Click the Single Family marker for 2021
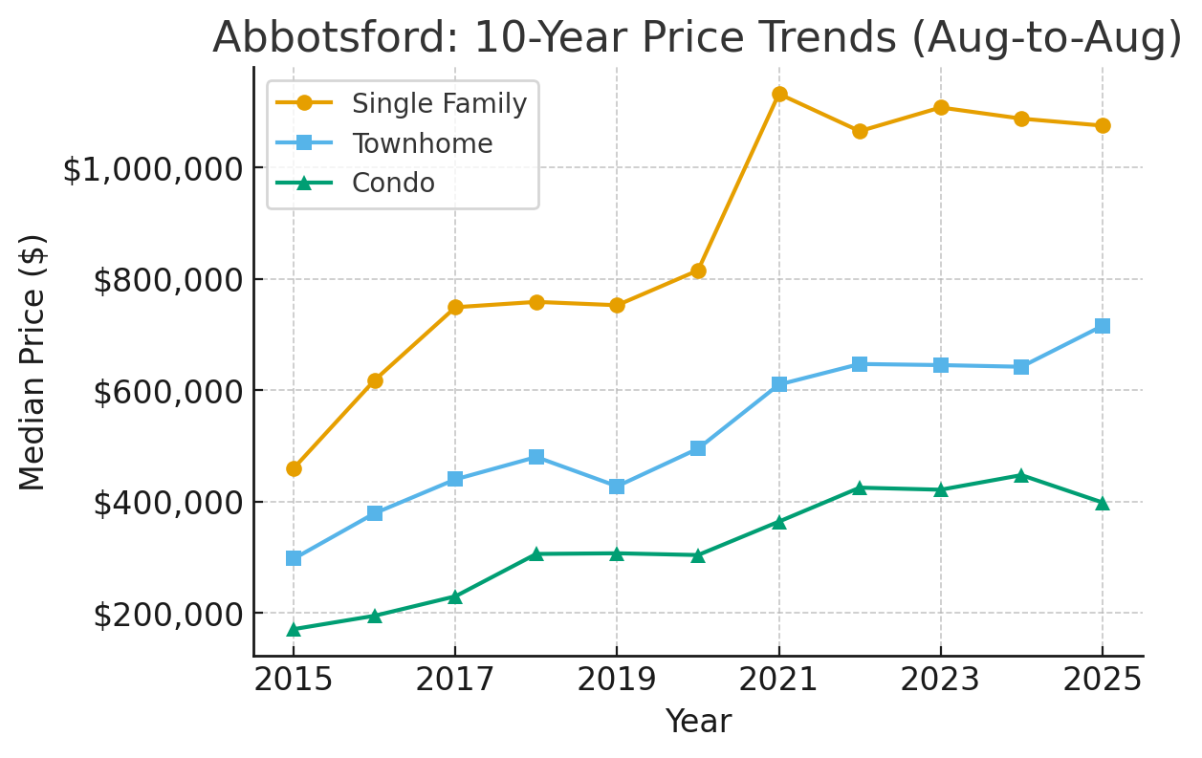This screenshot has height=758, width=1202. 779,94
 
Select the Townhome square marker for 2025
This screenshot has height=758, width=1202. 1103,326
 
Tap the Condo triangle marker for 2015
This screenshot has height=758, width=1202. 294,629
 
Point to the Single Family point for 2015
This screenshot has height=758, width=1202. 294,468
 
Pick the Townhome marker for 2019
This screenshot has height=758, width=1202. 617,487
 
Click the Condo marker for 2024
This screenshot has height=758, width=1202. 1021,475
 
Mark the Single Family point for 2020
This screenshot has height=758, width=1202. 698,271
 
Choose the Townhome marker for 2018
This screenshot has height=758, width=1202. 536,457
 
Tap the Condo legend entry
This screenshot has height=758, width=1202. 393,183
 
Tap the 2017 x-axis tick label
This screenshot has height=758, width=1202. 455,681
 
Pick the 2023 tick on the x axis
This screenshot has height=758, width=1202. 941,681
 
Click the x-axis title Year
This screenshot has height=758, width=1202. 698,722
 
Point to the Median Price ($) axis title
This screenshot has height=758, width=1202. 33,361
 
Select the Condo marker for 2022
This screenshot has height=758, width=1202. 860,487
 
